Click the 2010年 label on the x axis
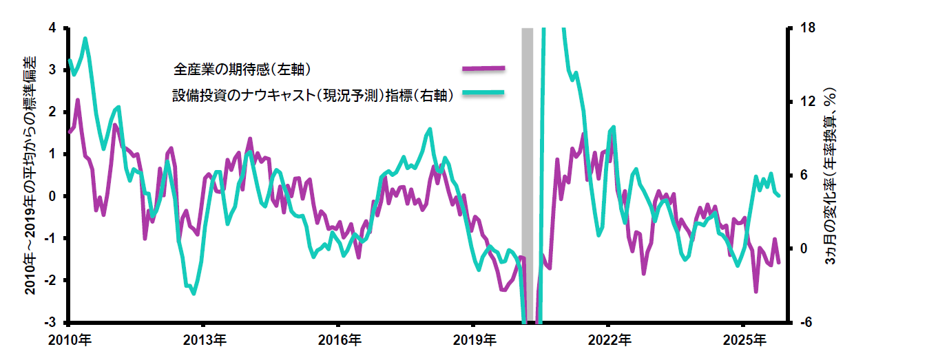click(70, 339)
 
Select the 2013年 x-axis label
click(205, 339)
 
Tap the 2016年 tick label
click(340, 339)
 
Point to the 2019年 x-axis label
click(475, 339)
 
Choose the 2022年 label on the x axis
click(609, 339)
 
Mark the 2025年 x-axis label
click(744, 339)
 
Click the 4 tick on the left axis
click(53, 28)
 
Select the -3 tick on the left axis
click(51, 323)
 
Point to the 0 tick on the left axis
click(53, 197)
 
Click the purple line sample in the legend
click(483, 69)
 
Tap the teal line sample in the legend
click(483, 94)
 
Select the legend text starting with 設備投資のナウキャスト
click(313, 96)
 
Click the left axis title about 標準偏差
click(31, 176)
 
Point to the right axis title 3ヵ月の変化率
click(831, 176)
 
